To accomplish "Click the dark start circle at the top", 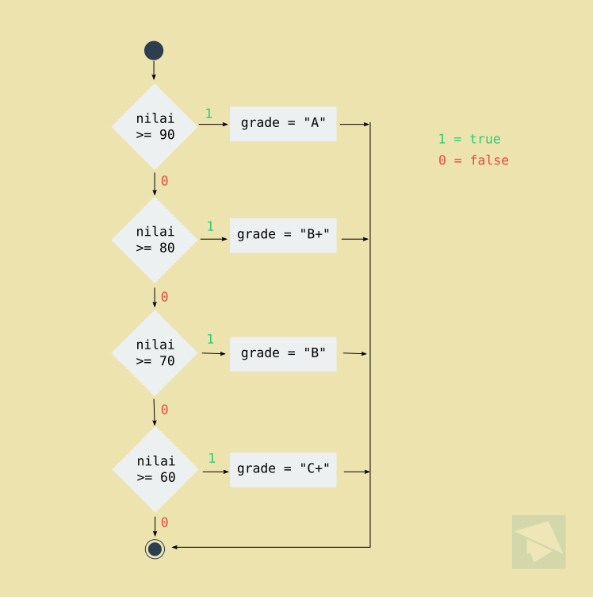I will coord(154,51).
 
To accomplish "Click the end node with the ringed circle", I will coord(155,549).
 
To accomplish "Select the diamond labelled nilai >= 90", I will coord(155,127).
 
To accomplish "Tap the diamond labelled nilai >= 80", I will coord(155,240).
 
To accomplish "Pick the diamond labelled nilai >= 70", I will coord(155,352).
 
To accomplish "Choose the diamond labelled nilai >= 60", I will coord(155,469).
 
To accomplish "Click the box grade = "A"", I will coord(283,124).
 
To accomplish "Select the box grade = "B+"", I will coord(283,236).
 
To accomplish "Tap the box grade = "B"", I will coord(283,354).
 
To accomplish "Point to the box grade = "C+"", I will coord(283,469).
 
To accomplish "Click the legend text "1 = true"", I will coord(469,140).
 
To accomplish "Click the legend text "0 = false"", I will coord(473,160).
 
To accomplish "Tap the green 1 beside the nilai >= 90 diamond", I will coord(209,114).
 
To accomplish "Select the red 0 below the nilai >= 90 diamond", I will coord(164,181).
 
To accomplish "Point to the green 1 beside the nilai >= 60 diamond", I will coord(212,458).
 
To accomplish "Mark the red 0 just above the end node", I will coord(164,522).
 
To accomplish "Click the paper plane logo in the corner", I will coord(539,541).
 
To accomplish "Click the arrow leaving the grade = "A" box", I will coord(354,124).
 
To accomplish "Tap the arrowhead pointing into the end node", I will coord(176,547).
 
